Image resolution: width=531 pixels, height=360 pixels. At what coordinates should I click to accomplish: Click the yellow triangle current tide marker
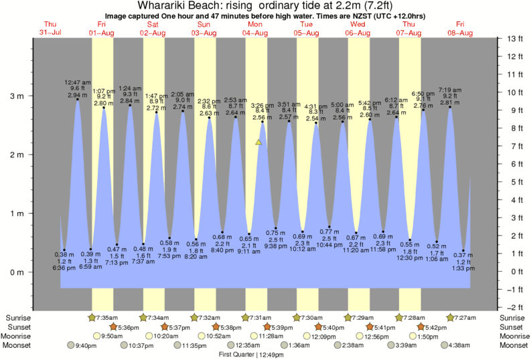[x=258, y=142]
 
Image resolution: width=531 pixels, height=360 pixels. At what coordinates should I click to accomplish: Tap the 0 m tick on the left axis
[x=16, y=272]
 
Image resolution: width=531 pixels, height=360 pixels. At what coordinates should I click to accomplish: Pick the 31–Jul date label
[x=50, y=33]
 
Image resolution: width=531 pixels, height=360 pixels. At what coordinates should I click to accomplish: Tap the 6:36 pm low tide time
[x=64, y=268]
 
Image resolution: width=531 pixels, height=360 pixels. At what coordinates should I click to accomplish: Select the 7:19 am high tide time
[x=450, y=89]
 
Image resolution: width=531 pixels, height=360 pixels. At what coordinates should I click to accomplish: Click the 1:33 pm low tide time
[x=463, y=268]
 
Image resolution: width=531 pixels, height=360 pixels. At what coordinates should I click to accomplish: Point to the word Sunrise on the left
[x=17, y=317]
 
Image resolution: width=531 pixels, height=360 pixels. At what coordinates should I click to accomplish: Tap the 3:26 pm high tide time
[x=262, y=105]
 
